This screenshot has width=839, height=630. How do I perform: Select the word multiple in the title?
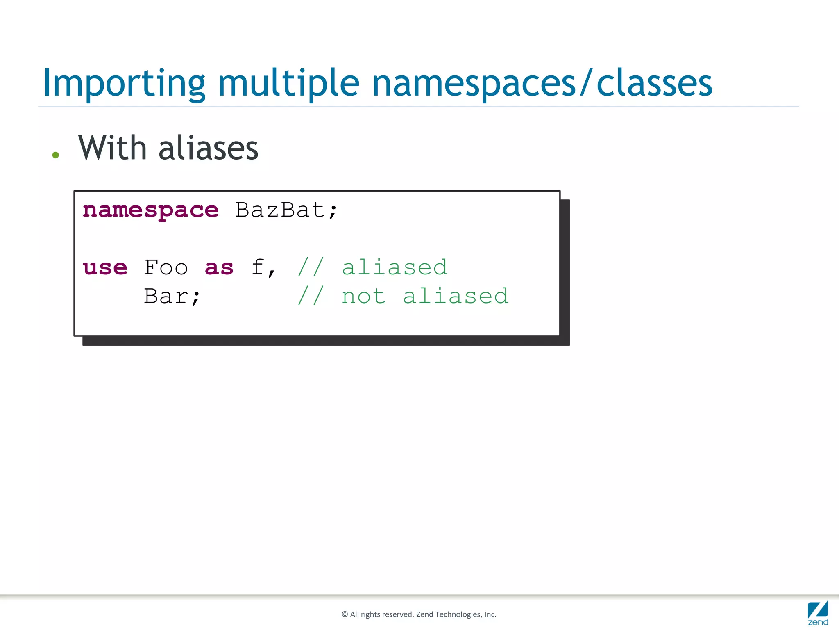click(288, 84)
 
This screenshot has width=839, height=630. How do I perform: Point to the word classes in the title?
click(654, 84)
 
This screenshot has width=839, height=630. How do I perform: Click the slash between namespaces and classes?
click(586, 84)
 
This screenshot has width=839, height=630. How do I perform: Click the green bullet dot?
click(56, 155)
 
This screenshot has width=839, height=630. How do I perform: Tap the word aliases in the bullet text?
click(208, 148)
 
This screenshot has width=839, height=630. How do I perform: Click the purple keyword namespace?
click(151, 211)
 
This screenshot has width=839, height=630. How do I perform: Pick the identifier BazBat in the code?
click(280, 210)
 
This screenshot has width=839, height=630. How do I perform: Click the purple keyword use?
click(105, 268)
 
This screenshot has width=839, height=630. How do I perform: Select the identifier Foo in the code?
click(166, 267)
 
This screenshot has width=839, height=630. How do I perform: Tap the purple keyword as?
click(219, 268)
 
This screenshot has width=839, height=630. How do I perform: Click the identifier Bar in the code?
click(166, 296)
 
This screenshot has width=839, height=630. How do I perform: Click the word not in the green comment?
click(364, 296)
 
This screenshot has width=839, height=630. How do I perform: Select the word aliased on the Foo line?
click(395, 267)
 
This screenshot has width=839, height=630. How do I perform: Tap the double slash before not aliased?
click(311, 296)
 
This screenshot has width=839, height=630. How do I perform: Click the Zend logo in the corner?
click(818, 613)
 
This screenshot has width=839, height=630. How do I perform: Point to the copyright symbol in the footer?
click(345, 614)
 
